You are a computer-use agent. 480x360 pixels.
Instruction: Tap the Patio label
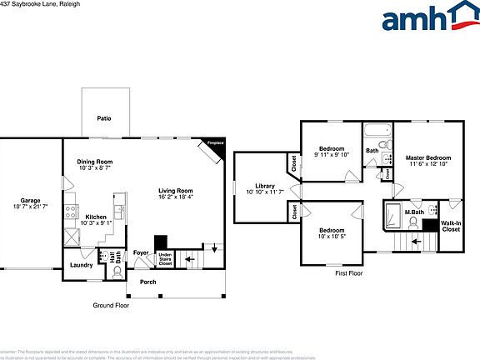pyautogui.click(x=104, y=118)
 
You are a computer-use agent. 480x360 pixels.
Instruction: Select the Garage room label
pyautogui.click(x=31, y=200)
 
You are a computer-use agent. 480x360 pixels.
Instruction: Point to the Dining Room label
pyautogui.click(x=95, y=162)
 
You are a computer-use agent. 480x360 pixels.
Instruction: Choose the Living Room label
pyautogui.click(x=176, y=191)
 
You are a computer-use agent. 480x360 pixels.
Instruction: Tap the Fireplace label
pyautogui.click(x=216, y=142)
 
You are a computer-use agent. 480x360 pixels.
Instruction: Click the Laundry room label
pyautogui.click(x=81, y=265)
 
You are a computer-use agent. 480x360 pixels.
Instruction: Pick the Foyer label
pyautogui.click(x=141, y=252)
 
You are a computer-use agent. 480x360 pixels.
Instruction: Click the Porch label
pyautogui.click(x=147, y=282)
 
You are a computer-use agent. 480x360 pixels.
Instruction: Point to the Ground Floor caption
pyautogui.click(x=110, y=306)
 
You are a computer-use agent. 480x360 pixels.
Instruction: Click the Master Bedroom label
pyautogui.click(x=428, y=157)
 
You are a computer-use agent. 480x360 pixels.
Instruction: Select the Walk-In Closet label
pyautogui.click(x=451, y=226)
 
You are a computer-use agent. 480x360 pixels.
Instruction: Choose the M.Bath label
pyautogui.click(x=414, y=212)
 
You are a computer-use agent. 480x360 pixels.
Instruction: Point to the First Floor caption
pyautogui.click(x=349, y=272)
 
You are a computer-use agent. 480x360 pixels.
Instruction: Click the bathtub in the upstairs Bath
pyautogui.click(x=376, y=130)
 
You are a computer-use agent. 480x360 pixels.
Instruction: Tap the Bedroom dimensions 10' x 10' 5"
pyautogui.click(x=331, y=237)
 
